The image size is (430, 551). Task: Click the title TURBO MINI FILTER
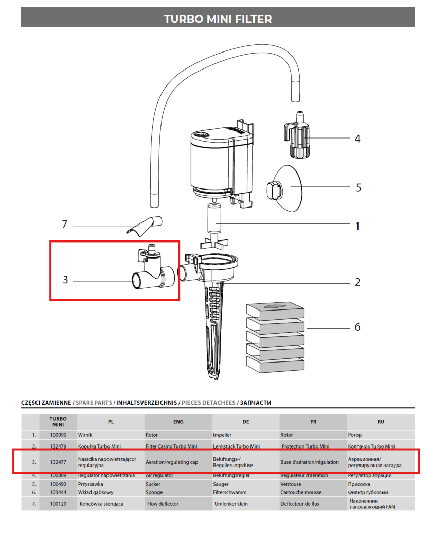218,19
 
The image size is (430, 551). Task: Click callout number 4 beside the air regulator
357,139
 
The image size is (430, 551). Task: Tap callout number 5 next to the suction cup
359,187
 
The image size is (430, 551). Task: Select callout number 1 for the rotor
357,226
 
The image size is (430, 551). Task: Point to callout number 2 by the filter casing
357,282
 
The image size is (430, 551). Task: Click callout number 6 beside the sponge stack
357,327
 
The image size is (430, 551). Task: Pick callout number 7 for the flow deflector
64,225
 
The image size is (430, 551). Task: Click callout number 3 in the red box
65,280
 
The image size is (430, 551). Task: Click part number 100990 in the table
58,435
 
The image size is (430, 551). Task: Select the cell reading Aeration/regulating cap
172,462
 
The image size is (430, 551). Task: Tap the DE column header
246,422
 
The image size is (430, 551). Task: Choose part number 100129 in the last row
58,504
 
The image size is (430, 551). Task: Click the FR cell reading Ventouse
292,484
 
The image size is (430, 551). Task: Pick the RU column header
381,422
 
